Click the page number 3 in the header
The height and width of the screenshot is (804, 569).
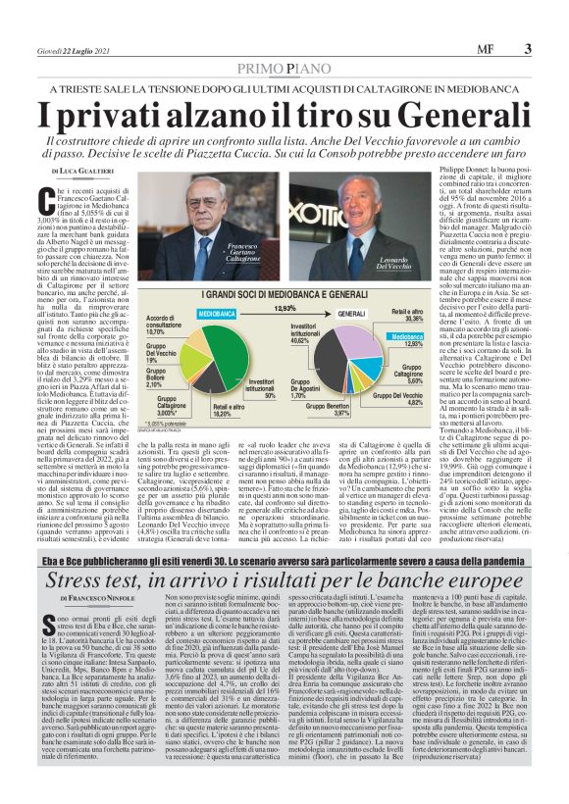528,50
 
